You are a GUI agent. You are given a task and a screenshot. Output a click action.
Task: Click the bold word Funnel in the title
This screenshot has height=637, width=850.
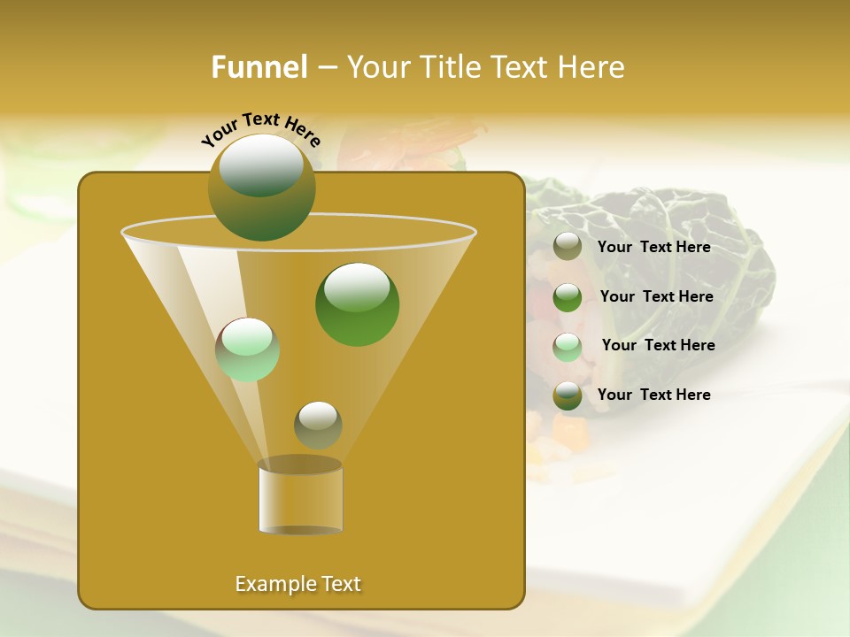click(x=259, y=67)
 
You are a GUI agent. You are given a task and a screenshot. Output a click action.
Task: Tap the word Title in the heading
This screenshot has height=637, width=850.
click(x=450, y=67)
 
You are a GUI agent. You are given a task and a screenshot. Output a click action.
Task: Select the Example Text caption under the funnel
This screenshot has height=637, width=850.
click(x=298, y=584)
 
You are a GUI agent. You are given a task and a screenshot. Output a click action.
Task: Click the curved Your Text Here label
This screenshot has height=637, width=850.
click(x=261, y=129)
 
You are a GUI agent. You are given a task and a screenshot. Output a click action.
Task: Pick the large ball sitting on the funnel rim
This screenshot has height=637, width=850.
click(x=261, y=187)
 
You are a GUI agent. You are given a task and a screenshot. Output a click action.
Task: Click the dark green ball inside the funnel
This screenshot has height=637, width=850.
click(x=357, y=303)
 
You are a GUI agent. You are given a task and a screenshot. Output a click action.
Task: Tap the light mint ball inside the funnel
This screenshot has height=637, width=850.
click(x=248, y=349)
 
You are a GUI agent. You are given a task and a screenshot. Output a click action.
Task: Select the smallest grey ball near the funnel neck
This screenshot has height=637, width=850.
click(x=318, y=425)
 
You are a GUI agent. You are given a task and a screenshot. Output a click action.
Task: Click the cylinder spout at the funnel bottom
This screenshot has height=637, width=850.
click(x=300, y=497)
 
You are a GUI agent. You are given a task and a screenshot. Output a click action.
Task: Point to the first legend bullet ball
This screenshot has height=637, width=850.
click(x=568, y=247)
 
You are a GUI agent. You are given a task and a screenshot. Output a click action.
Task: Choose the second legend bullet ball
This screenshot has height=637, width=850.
click(x=568, y=296)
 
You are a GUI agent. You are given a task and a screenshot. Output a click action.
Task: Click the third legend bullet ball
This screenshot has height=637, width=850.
click(x=568, y=346)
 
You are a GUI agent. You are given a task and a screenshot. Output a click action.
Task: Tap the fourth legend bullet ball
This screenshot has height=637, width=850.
click(x=568, y=395)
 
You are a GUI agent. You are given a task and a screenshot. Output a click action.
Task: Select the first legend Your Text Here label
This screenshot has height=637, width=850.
click(x=653, y=247)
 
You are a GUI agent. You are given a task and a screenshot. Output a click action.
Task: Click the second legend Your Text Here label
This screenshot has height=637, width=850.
click(x=656, y=296)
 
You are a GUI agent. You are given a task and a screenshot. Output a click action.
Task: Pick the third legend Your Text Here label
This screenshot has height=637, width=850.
click(x=658, y=345)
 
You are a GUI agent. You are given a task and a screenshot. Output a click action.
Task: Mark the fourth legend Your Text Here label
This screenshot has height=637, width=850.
click(x=653, y=395)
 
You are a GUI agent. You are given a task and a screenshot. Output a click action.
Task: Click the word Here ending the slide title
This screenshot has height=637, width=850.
click(x=592, y=67)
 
